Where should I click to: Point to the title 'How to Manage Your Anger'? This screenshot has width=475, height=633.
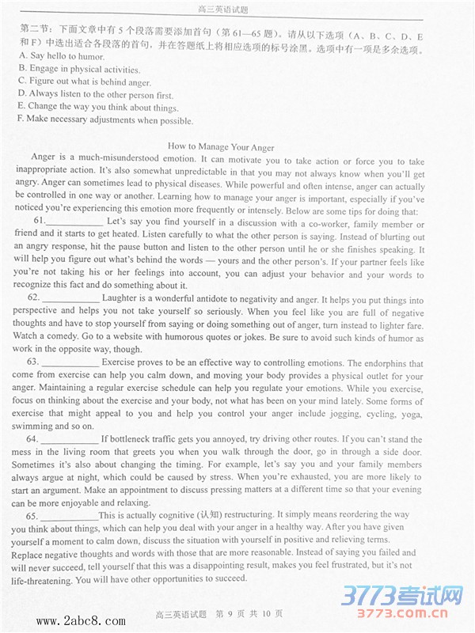pos(221,147)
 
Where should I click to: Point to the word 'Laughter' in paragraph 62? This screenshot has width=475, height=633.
pos(120,300)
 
